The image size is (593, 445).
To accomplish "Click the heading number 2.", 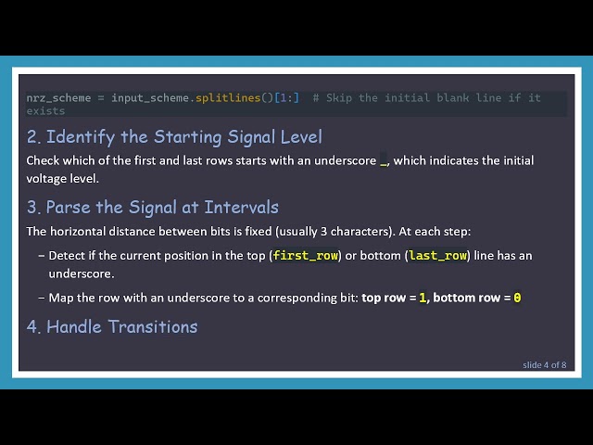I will click(x=33, y=137).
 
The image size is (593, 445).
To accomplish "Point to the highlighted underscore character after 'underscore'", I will click(x=384, y=161).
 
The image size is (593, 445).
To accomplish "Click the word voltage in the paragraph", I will click(x=46, y=178).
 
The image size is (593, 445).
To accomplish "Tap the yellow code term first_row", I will click(x=306, y=255).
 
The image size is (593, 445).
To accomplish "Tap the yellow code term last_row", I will click(x=437, y=255).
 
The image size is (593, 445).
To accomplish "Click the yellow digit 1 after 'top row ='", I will click(x=423, y=298).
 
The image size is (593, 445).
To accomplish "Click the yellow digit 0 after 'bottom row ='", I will click(x=517, y=298).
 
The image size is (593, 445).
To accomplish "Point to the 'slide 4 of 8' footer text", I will click(x=544, y=364).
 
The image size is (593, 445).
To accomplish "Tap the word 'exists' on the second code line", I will click(x=45, y=110).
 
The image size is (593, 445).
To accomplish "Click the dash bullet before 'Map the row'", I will click(x=41, y=298).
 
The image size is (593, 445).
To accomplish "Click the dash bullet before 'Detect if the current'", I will click(x=41, y=255).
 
